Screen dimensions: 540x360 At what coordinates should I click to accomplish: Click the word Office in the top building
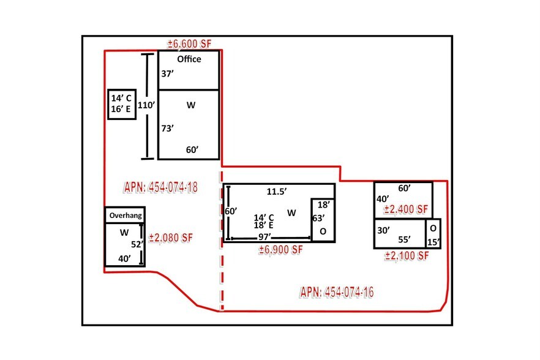(x=189, y=59)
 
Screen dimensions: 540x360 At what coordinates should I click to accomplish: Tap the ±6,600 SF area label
(x=189, y=43)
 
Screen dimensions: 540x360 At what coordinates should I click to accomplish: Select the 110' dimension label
(x=146, y=105)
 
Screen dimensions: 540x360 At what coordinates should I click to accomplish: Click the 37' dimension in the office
(x=167, y=73)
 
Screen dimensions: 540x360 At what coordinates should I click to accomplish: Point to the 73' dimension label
(x=167, y=129)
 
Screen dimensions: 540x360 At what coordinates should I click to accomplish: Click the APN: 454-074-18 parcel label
(x=161, y=187)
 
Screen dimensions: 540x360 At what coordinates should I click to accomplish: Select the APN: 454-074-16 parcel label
(x=337, y=292)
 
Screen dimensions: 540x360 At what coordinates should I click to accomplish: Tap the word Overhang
(x=126, y=216)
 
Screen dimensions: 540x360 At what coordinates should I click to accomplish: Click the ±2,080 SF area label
(x=171, y=238)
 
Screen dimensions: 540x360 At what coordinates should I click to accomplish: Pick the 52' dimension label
(x=137, y=244)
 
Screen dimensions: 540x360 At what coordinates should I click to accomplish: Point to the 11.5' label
(x=277, y=192)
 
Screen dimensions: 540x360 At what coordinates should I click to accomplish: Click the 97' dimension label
(x=265, y=237)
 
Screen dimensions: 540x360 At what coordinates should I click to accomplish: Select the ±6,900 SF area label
(x=280, y=250)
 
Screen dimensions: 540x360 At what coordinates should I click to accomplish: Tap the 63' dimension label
(x=318, y=219)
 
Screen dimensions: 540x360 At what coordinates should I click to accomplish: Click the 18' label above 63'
(x=324, y=205)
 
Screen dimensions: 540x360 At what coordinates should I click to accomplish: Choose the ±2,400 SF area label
(x=406, y=209)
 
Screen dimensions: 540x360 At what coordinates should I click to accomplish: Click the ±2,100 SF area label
(x=407, y=256)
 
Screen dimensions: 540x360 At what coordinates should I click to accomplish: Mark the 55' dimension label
(x=404, y=239)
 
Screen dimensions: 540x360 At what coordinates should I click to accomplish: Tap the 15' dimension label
(x=433, y=242)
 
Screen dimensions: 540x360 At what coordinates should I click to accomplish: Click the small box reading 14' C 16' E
(x=122, y=104)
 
